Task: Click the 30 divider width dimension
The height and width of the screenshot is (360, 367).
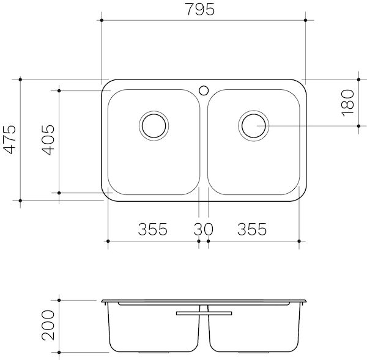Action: (x=203, y=229)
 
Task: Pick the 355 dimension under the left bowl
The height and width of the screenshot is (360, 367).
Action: (x=152, y=229)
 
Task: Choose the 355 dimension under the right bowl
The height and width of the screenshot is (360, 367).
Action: (x=252, y=229)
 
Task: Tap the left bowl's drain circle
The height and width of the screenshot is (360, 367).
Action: (x=153, y=125)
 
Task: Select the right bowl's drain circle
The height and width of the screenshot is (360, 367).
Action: (x=252, y=125)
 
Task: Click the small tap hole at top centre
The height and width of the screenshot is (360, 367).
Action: (x=203, y=90)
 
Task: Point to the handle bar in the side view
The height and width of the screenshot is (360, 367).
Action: (x=203, y=313)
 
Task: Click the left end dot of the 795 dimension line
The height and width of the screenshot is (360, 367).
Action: (x=101, y=20)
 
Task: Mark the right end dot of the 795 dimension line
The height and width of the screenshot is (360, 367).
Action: (x=305, y=20)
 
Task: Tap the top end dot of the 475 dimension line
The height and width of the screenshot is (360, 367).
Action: (x=20, y=79)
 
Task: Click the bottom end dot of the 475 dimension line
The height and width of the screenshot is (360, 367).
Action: (x=20, y=200)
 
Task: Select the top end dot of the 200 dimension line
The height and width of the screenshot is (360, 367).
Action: (x=59, y=300)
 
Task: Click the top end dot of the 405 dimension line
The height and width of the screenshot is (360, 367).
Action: (x=59, y=90)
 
